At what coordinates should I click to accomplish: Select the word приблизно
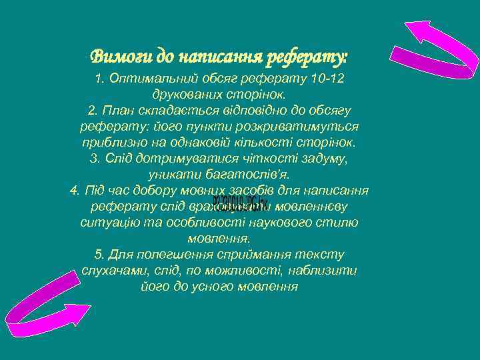[112, 143]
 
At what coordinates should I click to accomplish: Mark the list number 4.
[74, 191]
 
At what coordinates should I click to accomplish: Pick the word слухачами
[112, 271]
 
